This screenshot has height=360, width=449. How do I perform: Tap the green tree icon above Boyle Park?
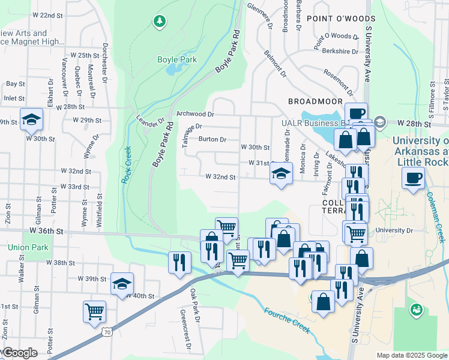click(159, 22)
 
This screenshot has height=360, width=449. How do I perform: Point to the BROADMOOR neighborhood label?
click(315, 101)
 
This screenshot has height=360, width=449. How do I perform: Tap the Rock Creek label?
click(126, 166)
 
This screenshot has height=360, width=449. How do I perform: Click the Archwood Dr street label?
click(195, 114)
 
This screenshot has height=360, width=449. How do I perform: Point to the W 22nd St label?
click(47, 14)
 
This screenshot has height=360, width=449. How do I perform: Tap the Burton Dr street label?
click(212, 139)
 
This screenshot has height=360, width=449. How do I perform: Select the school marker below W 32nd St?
click(281, 174)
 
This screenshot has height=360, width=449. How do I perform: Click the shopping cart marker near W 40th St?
click(94, 312)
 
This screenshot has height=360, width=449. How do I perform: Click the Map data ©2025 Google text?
click(412, 355)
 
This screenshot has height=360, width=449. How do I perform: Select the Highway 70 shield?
click(107, 331)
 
